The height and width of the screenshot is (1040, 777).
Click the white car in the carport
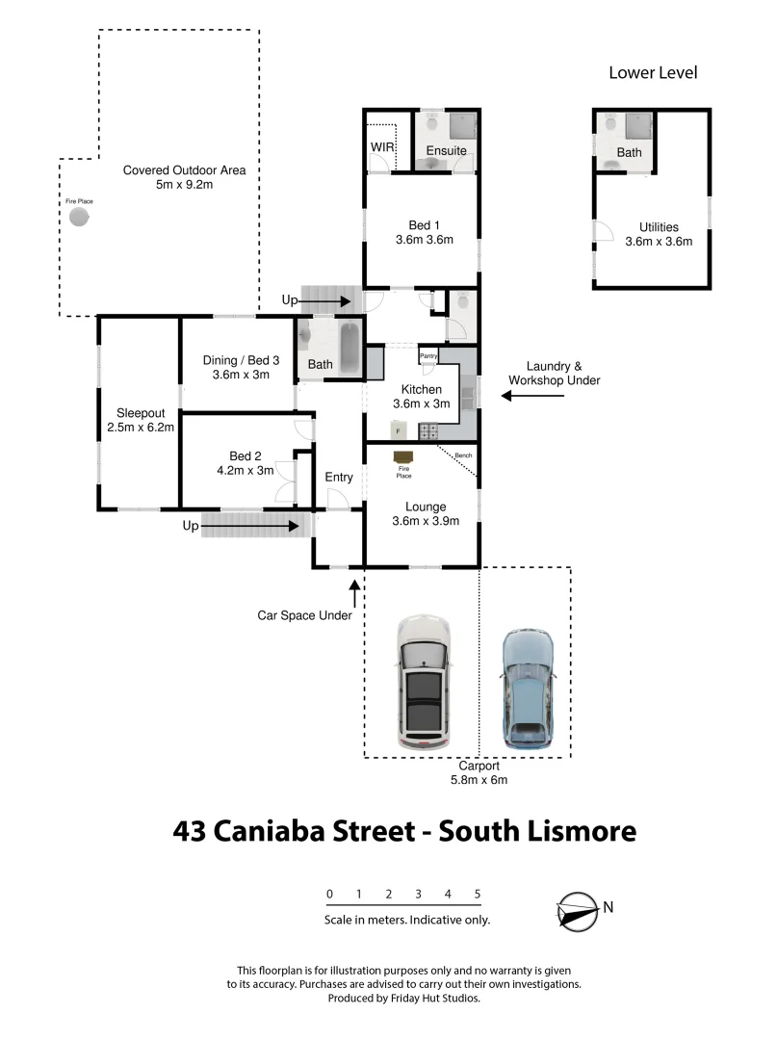(424, 684)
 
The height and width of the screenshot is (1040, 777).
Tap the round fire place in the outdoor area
(79, 218)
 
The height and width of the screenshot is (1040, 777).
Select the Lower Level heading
(653, 73)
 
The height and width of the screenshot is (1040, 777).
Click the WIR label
(383, 147)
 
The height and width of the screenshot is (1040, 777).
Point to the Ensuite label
(446, 151)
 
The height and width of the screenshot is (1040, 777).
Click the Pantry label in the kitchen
(428, 356)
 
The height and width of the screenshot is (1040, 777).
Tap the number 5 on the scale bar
(478, 894)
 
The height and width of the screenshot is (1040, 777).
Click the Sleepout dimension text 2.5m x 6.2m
(140, 427)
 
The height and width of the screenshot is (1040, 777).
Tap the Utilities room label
(659, 227)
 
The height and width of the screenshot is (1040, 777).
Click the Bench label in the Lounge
(464, 455)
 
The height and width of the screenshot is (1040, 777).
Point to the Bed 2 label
(246, 455)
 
